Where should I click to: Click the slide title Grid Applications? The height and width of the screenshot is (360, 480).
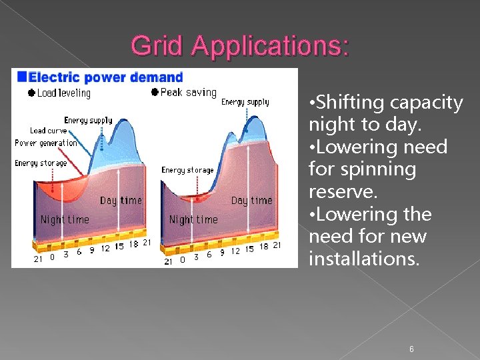point(239,45)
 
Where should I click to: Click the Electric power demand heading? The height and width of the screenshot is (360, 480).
point(105,77)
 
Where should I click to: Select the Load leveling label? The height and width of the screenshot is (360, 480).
point(64,93)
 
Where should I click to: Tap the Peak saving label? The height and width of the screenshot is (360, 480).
point(189,93)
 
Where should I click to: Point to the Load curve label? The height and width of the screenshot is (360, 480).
point(48,131)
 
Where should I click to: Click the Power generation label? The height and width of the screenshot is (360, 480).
point(45,143)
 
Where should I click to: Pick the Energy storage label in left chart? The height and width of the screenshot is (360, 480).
point(41,163)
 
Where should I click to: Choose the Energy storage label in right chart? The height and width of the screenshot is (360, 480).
point(187,170)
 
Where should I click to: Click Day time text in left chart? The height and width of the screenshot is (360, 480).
point(121,201)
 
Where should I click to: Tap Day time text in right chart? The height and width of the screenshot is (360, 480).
point(252,201)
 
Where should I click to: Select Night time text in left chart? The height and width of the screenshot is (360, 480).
point(65,219)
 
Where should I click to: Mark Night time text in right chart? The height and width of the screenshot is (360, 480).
point(193,219)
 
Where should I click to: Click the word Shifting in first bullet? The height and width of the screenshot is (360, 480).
point(351,103)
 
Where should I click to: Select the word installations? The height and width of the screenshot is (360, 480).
point(364,259)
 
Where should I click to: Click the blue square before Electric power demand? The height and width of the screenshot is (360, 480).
point(23,77)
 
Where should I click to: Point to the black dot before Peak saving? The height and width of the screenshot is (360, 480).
point(155,93)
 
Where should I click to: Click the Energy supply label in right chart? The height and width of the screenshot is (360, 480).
point(245,103)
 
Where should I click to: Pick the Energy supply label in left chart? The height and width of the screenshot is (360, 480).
point(88,121)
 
